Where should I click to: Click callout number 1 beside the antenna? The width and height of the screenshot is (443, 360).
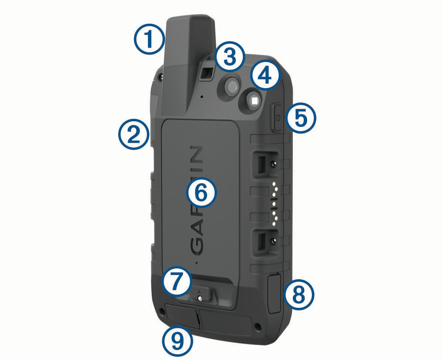150,39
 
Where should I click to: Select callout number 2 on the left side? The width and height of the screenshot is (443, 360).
134,134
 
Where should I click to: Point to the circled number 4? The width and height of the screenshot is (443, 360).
265,75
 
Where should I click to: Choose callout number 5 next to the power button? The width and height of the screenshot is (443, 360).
301,118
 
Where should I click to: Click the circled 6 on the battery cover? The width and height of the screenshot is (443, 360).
201,193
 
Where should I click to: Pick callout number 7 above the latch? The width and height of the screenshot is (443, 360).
177,281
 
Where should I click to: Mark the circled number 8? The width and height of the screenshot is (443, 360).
299,295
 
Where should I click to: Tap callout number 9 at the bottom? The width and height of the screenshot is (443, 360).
178,341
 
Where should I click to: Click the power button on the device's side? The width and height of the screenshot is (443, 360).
277,118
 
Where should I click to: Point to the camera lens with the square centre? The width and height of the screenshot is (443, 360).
254,101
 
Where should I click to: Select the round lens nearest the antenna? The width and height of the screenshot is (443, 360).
231,86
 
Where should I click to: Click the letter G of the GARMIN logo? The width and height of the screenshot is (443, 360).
197,246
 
